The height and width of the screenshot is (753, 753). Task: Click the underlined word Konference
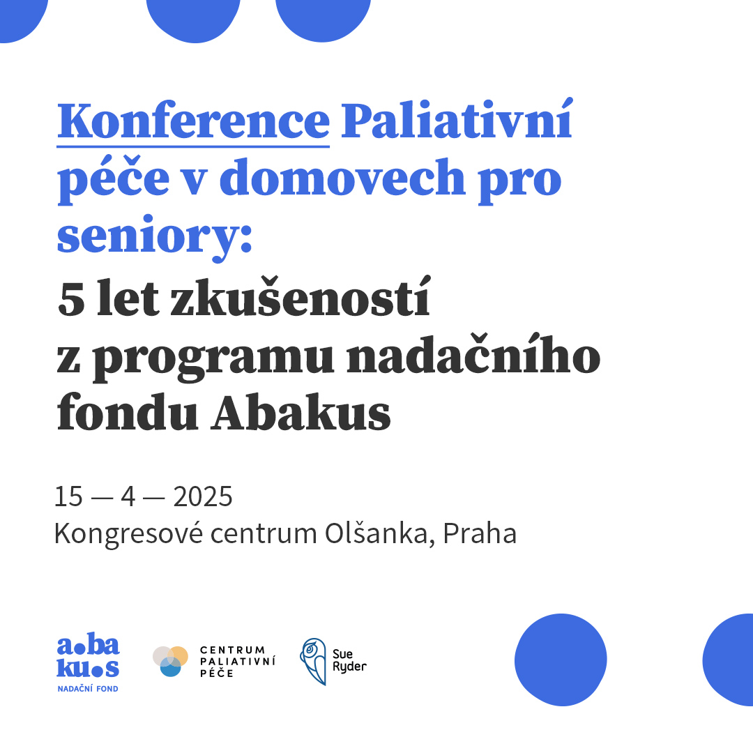tap(193, 121)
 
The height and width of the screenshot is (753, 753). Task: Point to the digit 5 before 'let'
tap(71, 299)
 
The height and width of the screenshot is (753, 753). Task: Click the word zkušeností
tap(301, 296)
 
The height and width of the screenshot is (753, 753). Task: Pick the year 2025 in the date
tap(203, 496)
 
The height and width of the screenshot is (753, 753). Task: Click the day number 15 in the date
tap(68, 496)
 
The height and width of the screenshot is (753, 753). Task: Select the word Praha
tap(480, 533)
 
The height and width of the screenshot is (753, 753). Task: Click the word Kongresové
tap(128, 534)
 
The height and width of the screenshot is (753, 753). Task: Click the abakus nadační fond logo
tap(88, 664)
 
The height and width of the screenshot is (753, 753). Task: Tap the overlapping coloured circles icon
tap(171, 661)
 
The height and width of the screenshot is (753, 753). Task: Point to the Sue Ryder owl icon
tap(313, 661)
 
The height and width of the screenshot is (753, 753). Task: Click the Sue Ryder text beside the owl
tap(349, 661)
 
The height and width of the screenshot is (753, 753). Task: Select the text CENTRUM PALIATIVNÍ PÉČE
tap(238, 661)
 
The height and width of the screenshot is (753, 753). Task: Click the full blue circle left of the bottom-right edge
tap(561, 660)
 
